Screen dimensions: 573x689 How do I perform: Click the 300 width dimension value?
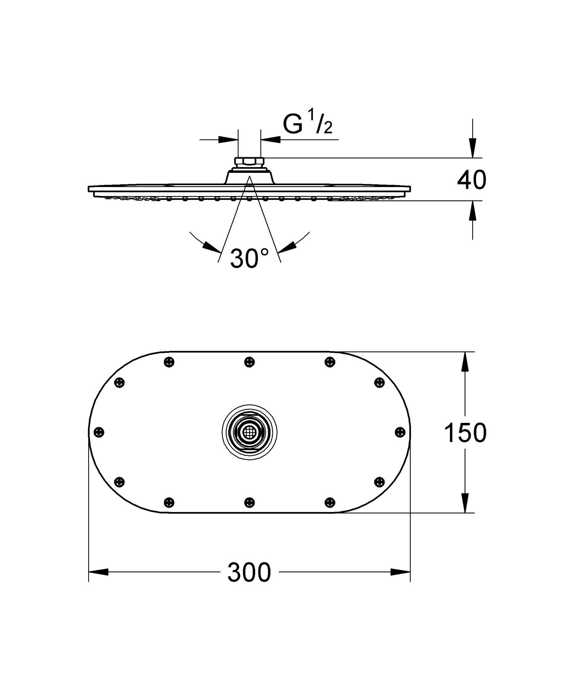249,572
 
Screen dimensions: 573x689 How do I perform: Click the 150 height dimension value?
465,433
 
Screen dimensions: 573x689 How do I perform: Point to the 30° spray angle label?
249,258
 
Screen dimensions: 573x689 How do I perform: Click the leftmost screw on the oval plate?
99,432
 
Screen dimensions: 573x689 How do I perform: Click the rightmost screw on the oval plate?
400,432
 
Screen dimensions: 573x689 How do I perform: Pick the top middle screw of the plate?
249,362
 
